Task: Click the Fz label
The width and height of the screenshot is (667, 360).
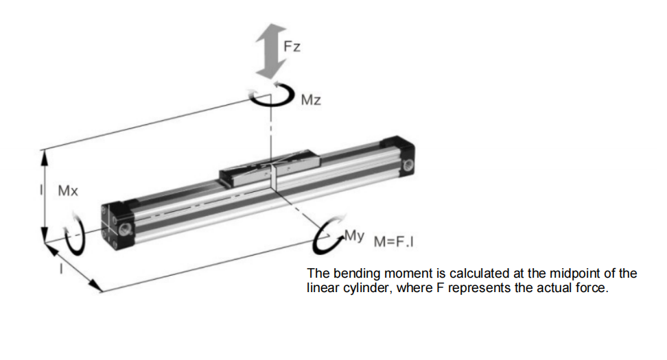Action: (x=292, y=47)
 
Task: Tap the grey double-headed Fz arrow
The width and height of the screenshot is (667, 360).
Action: (x=271, y=51)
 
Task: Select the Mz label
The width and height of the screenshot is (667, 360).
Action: (x=311, y=101)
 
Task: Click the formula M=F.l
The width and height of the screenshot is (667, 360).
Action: (x=395, y=242)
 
